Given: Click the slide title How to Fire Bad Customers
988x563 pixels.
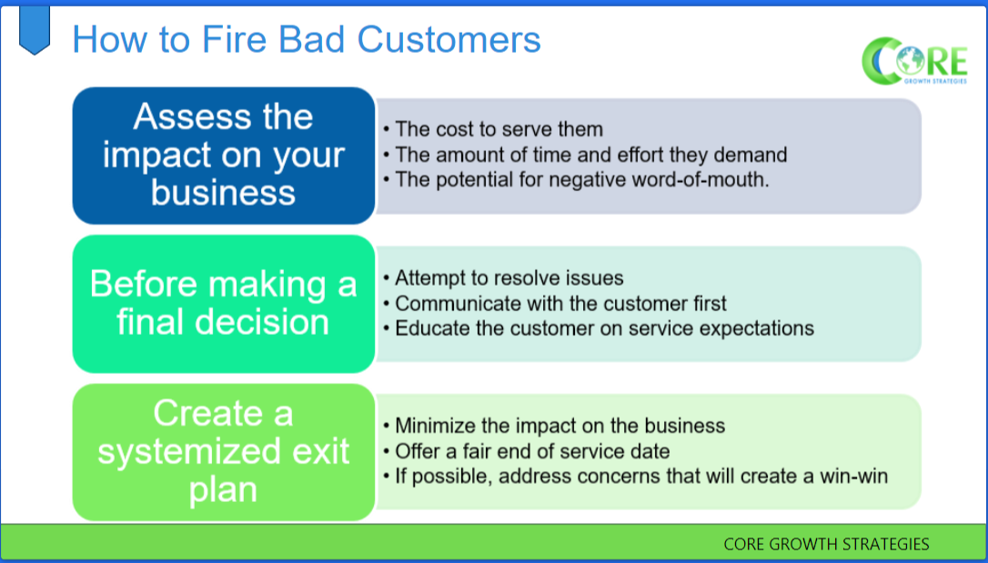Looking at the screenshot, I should coord(306,40).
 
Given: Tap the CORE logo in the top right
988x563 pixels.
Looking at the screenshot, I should coord(913,61).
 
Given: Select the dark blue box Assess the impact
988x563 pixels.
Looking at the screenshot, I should coord(223,156).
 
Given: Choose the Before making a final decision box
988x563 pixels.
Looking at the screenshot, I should coord(223,303).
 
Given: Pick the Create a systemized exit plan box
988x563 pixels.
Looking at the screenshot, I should coord(223,452).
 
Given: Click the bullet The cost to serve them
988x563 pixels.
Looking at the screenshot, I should coord(499,129).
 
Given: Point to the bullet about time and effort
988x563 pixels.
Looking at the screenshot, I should coord(590,155).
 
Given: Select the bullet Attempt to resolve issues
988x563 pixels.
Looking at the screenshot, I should coord(509,278).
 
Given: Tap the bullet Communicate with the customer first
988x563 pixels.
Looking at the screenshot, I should coord(560,303).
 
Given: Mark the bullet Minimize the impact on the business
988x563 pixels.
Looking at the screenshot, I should coord(560,426).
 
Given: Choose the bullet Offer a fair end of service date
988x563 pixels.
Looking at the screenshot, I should coord(532,450).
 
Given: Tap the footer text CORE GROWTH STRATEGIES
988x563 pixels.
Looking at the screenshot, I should coord(826,544).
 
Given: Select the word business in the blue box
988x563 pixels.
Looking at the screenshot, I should coord(223,193).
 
